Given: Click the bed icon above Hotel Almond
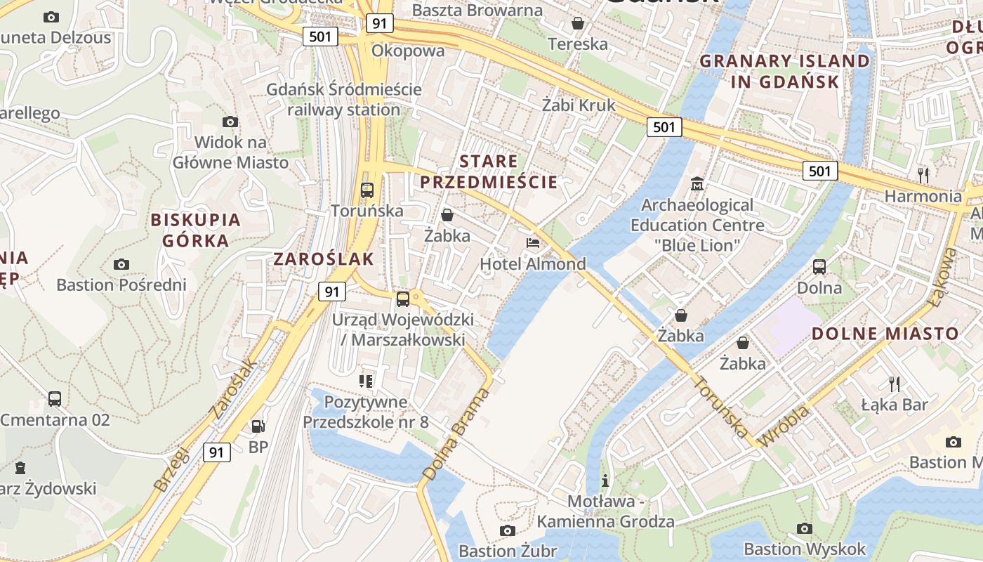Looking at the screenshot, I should [533, 243].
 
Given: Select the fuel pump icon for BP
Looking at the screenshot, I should [258, 426].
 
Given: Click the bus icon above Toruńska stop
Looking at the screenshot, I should [367, 190].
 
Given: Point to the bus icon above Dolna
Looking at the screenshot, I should [819, 267].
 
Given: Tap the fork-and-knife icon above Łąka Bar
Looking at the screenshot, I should [894, 384].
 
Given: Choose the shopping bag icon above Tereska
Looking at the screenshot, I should [577, 23].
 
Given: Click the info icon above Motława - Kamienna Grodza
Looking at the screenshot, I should [605, 481].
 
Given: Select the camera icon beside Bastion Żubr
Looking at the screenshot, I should [507, 530].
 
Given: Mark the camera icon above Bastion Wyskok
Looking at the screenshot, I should [805, 528].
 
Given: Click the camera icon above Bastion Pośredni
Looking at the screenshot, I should [121, 264].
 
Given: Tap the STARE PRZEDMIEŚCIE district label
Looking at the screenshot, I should [488, 172].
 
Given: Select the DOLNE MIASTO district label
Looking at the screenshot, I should [885, 334].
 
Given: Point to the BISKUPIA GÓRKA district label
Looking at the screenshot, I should [196, 230].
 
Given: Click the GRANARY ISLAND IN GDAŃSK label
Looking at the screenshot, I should [784, 71].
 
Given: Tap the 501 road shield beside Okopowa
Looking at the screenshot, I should [320, 37].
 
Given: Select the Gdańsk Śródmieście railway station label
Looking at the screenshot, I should [344, 100].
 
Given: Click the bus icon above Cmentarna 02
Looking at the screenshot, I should [55, 399].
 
